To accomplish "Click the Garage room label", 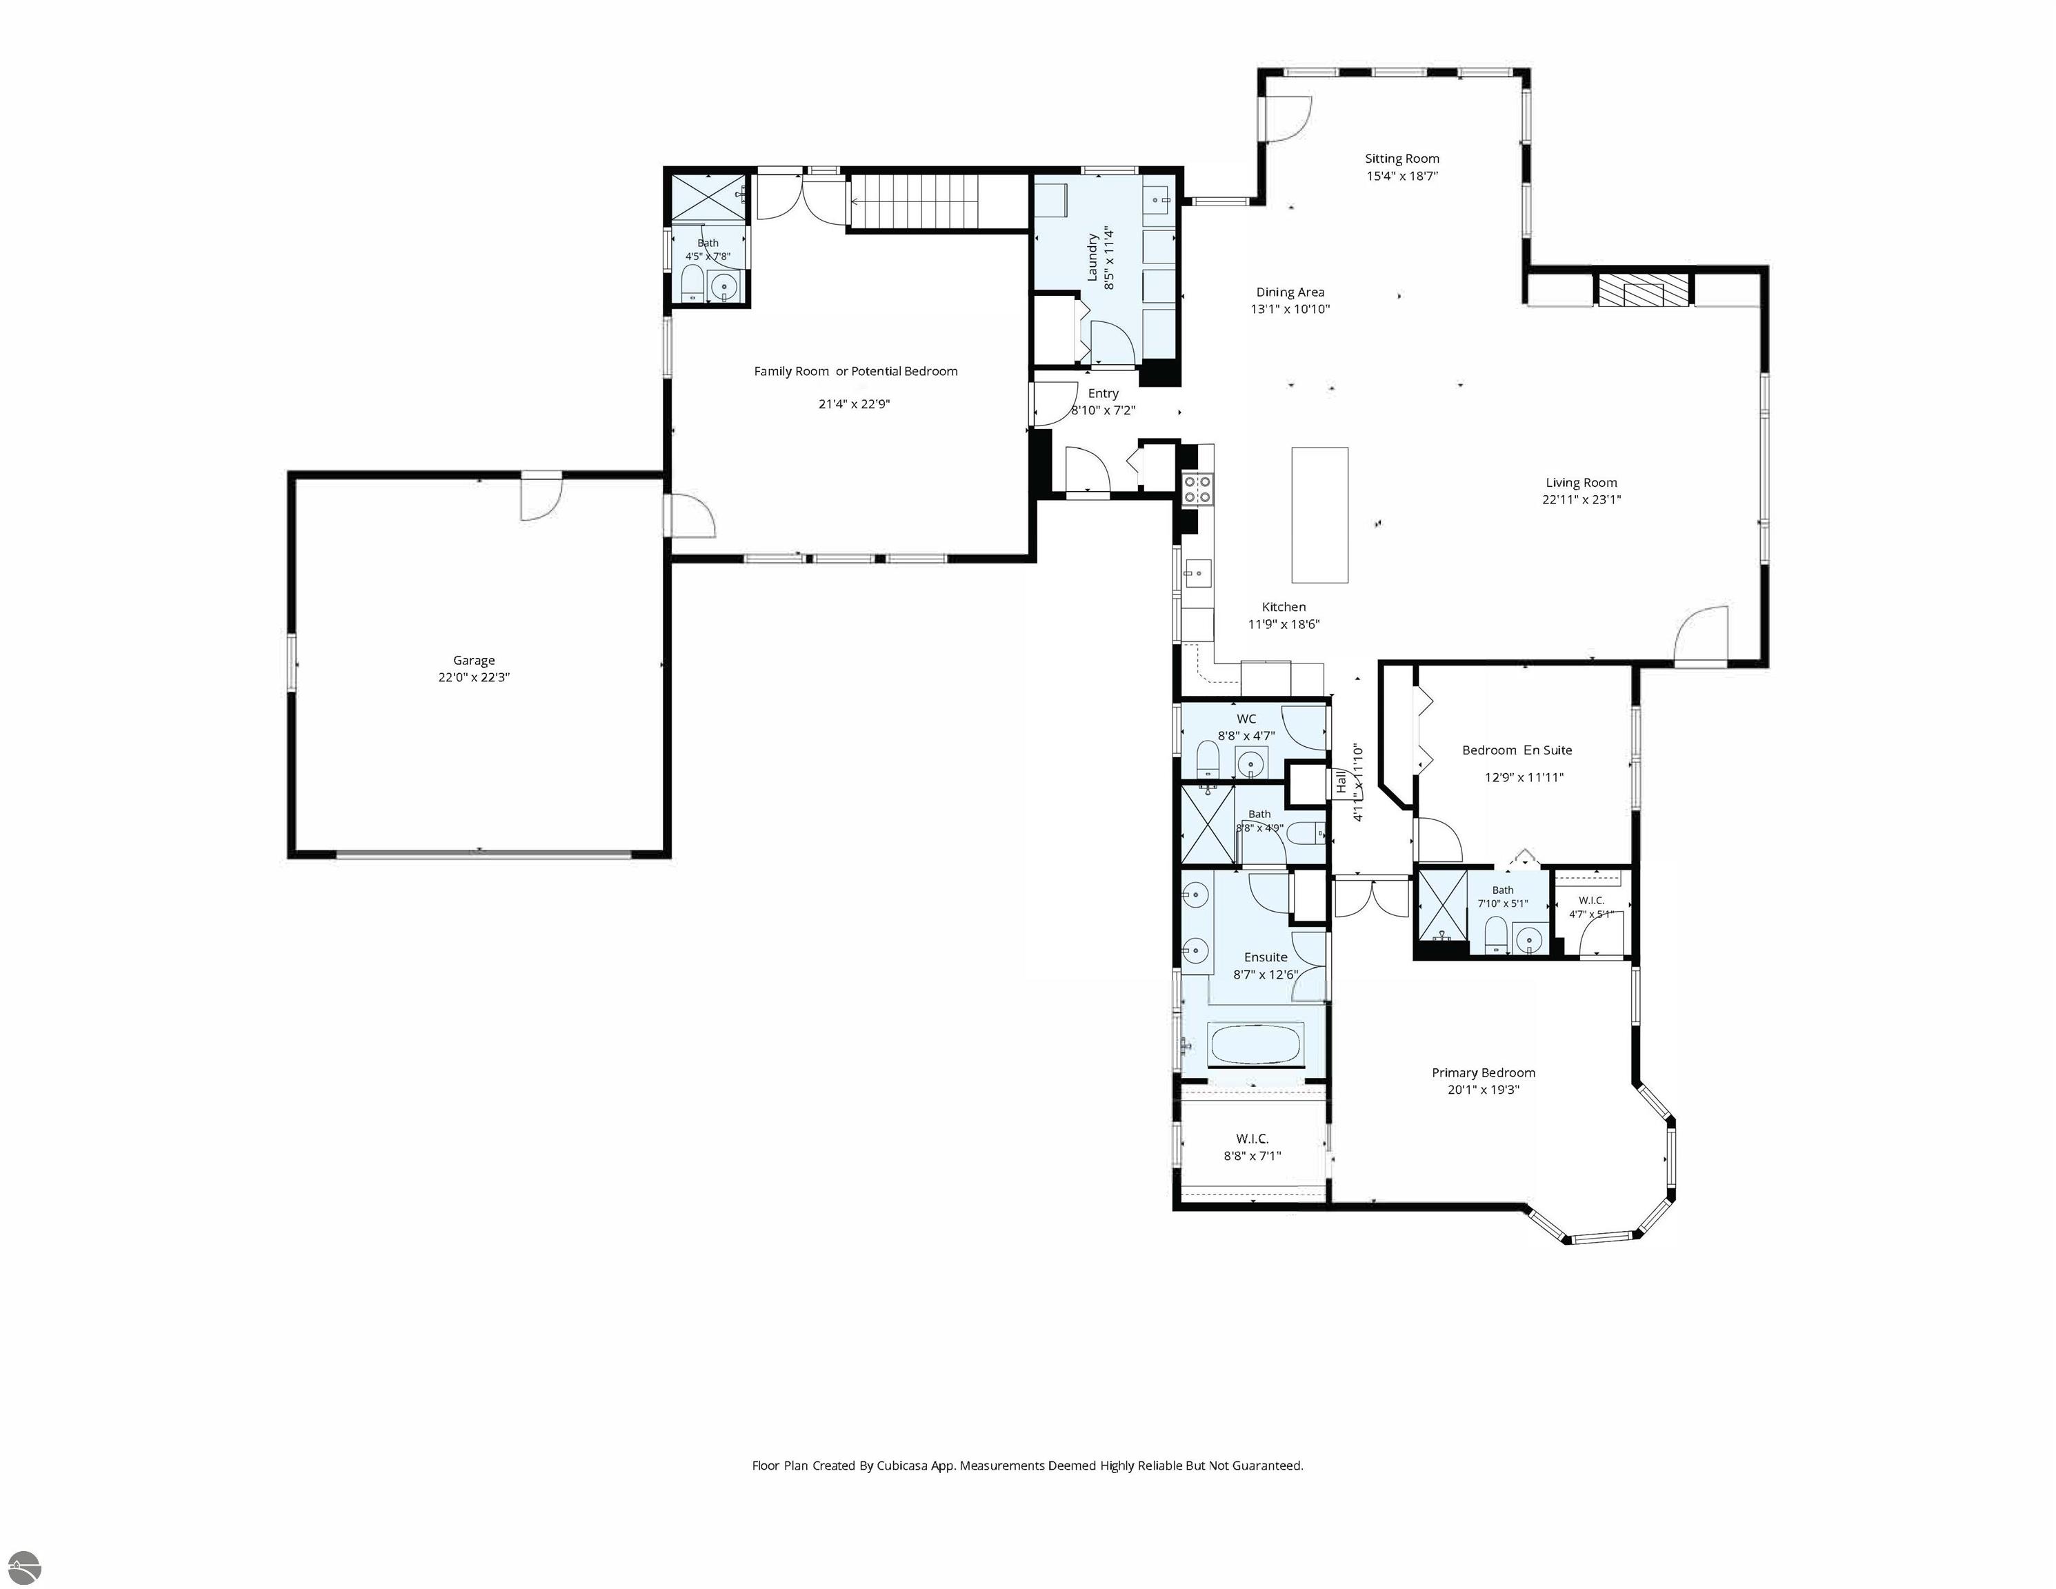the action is pyautogui.click(x=474, y=661).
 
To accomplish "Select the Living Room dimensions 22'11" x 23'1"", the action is pyautogui.click(x=1581, y=500).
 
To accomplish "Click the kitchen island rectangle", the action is pyautogui.click(x=1320, y=515).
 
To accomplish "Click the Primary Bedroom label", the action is pyautogui.click(x=1484, y=1073).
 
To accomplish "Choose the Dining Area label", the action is pyautogui.click(x=1290, y=292).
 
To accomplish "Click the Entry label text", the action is pyautogui.click(x=1104, y=394).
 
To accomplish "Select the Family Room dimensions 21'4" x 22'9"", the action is pyautogui.click(x=854, y=405).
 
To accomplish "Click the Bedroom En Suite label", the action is pyautogui.click(x=1517, y=750).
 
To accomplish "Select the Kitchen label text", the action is pyautogui.click(x=1284, y=607).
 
